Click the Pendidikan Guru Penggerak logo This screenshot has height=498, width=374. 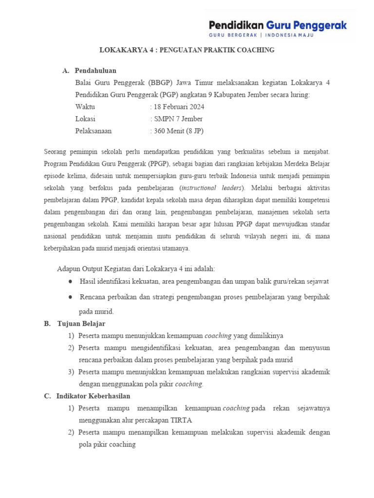[x=278, y=25]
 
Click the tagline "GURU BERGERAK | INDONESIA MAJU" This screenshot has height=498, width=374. [x=261, y=36]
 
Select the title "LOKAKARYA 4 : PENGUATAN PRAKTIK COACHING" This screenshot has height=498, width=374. [x=187, y=50]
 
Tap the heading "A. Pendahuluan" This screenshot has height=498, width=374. [x=90, y=71]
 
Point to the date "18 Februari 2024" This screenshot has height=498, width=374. [x=180, y=107]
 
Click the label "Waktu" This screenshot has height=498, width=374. [x=86, y=107]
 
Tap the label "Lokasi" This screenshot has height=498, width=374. [x=86, y=119]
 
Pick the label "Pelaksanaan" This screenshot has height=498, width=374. [x=93, y=131]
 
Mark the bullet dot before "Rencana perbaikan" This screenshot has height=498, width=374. [x=71, y=297]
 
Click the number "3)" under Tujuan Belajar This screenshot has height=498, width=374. [x=71, y=372]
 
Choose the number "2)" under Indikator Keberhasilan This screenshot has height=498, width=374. [x=71, y=432]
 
